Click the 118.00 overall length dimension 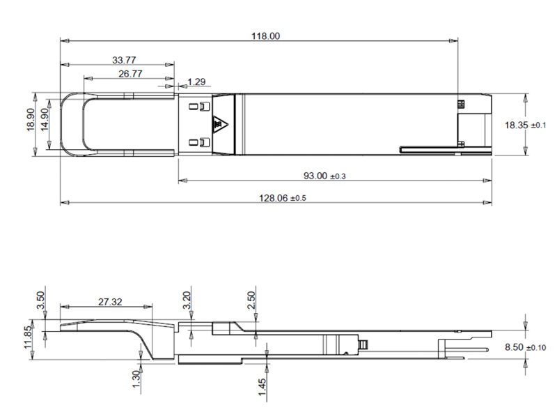[x=265, y=36]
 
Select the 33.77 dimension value [x=123, y=60]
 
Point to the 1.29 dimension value [x=197, y=82]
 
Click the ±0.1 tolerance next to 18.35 [x=539, y=125]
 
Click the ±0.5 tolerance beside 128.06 [x=298, y=199]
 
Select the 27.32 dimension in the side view [x=110, y=302]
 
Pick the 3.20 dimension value [x=186, y=301]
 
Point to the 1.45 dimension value [x=261, y=385]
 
